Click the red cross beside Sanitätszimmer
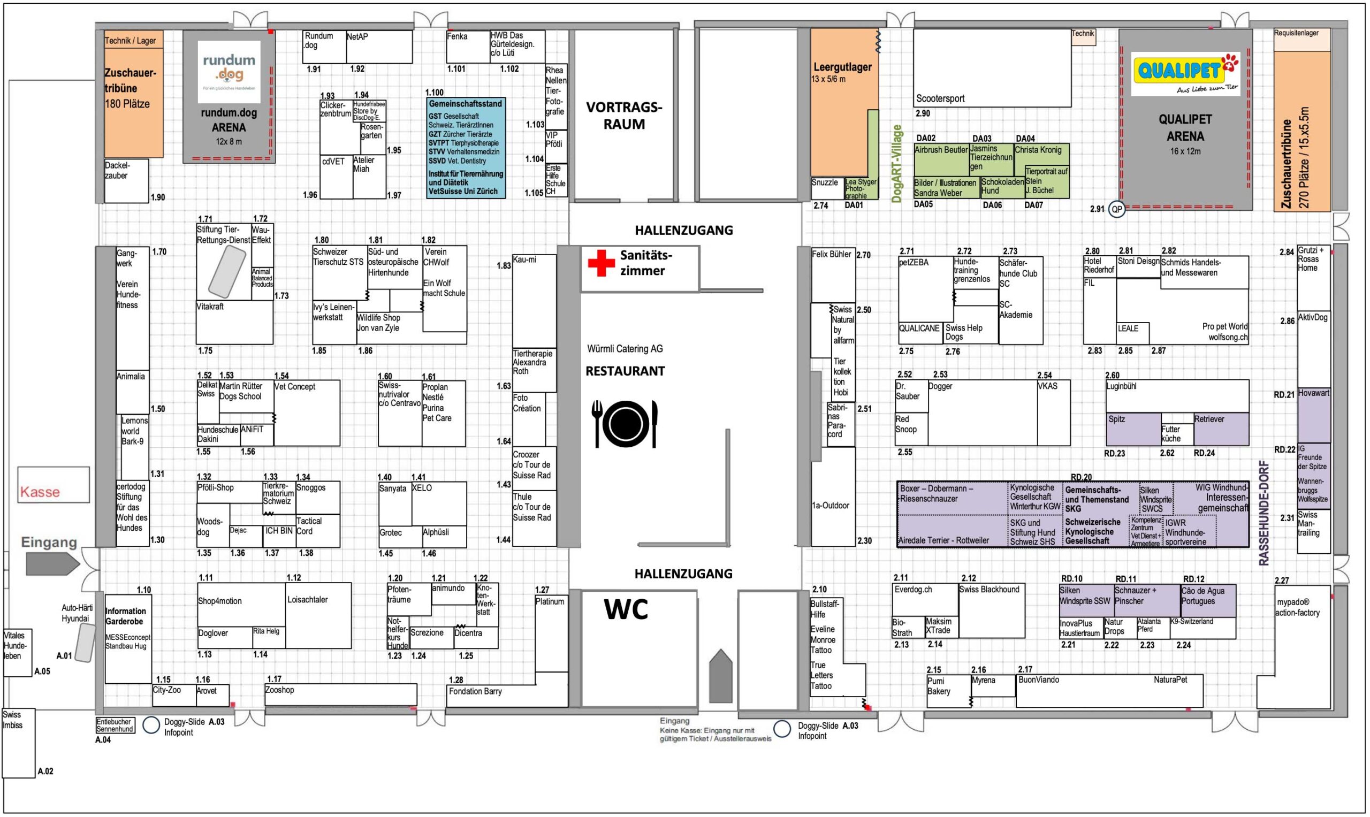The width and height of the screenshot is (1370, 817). click(x=601, y=263)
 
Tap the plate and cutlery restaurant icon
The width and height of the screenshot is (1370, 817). click(x=625, y=424)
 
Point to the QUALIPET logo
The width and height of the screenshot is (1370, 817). click(x=1185, y=73)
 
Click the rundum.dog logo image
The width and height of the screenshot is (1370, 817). click(x=229, y=72)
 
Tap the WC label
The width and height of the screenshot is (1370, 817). click(x=626, y=610)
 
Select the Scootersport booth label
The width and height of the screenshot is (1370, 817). click(x=940, y=98)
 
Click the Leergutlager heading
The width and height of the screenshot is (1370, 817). click(x=842, y=67)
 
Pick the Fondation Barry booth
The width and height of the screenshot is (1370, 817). click(x=475, y=691)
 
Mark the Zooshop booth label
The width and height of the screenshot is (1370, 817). click(x=280, y=690)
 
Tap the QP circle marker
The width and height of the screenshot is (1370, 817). click(x=1116, y=210)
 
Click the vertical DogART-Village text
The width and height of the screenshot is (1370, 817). click(x=896, y=164)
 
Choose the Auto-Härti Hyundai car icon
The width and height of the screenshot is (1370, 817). click(x=85, y=643)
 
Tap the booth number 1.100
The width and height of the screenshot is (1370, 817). click(x=434, y=93)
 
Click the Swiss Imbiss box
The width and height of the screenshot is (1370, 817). click(x=18, y=742)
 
